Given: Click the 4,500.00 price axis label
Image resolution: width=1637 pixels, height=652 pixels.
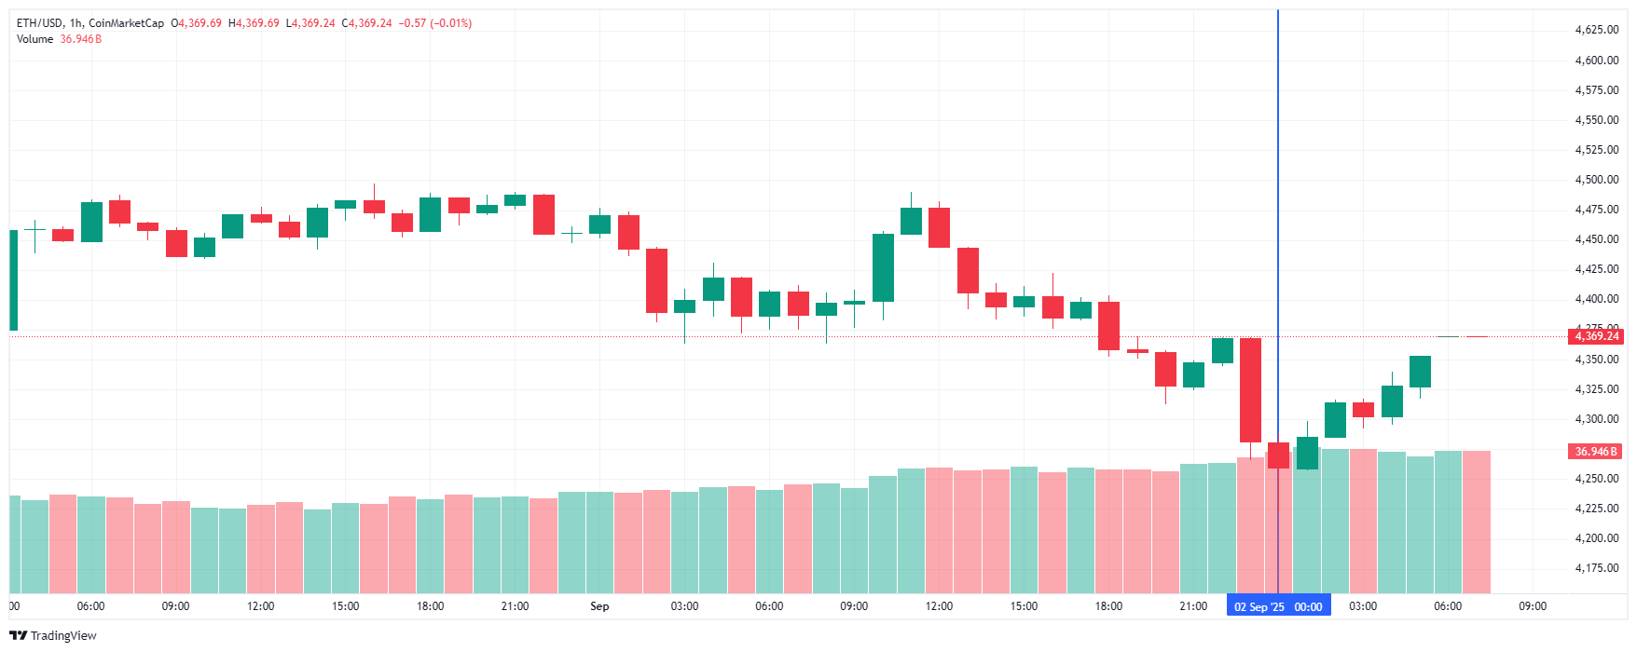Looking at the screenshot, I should [1596, 180].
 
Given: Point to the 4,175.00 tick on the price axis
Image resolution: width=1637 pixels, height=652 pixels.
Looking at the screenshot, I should [1596, 568].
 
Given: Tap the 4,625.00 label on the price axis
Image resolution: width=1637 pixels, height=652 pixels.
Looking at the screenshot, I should [1596, 30].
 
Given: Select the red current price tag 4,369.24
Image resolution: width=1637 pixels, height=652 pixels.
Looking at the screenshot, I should [1597, 336].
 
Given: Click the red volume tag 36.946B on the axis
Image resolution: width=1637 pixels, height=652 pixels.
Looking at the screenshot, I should [1596, 452].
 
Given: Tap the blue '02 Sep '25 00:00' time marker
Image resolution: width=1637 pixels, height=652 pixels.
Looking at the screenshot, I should [1278, 606].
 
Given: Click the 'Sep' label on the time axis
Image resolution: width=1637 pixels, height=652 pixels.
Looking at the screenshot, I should [599, 606].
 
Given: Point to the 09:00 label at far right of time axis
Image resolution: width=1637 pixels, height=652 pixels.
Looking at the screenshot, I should [1533, 606].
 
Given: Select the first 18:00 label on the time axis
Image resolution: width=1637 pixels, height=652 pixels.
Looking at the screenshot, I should [430, 606].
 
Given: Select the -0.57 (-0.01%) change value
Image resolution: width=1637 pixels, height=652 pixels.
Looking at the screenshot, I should [435, 23].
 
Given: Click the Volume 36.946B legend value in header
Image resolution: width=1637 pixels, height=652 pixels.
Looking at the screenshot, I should [80, 39].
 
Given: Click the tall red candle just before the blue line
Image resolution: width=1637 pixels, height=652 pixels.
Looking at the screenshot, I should [1250, 389].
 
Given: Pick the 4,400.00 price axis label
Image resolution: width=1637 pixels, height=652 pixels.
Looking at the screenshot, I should [1596, 299].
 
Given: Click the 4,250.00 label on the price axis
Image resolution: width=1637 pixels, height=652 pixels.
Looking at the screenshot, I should [1596, 479].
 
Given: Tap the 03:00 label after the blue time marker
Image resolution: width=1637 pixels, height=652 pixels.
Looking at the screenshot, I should [1363, 606].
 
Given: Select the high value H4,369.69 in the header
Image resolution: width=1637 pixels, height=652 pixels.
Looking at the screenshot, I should [254, 23].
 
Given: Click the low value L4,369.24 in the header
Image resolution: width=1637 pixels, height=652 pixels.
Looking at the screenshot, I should [310, 23].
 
